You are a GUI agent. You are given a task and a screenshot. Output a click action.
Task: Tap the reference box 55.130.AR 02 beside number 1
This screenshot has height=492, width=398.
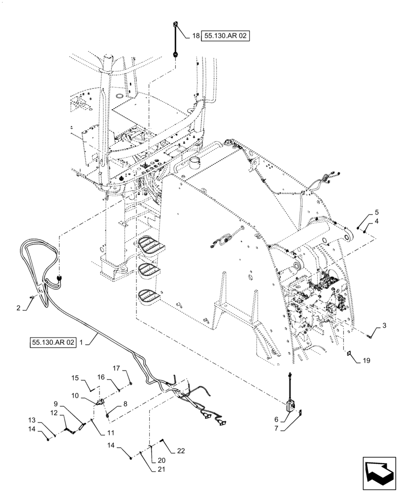coord(52,342)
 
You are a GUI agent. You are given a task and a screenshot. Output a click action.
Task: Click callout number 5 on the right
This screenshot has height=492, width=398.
coord(377,213)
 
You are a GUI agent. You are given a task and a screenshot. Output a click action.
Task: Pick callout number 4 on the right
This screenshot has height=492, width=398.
coord(377,222)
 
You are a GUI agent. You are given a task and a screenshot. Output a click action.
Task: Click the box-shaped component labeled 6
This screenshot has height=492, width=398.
coord(290,405)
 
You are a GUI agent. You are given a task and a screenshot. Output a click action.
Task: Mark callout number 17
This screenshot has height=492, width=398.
coord(117,368)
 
